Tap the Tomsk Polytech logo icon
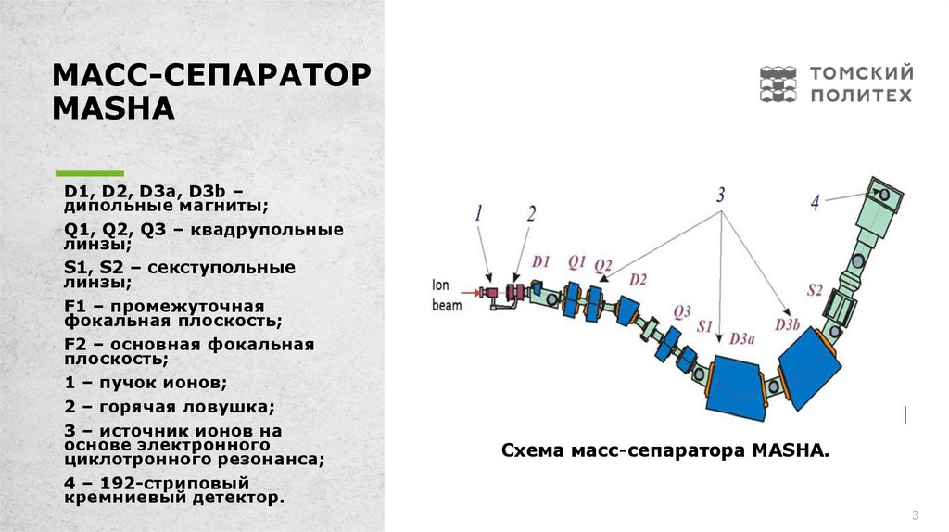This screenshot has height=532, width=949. pos(778,83)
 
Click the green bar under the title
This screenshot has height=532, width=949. pos(90,172)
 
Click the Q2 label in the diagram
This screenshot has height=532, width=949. pos(603,266)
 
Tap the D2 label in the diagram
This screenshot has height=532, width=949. pos(638,279)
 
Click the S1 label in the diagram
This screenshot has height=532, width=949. pos(706,326)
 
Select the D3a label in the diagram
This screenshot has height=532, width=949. pos(741,338)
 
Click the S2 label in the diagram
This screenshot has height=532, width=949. pos(815,290)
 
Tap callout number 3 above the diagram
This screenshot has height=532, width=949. pos(720,196)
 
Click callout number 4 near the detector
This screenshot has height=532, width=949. pos(816,201)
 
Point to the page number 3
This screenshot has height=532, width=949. pos(915,515)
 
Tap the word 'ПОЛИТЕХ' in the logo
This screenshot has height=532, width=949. pos(862,95)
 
